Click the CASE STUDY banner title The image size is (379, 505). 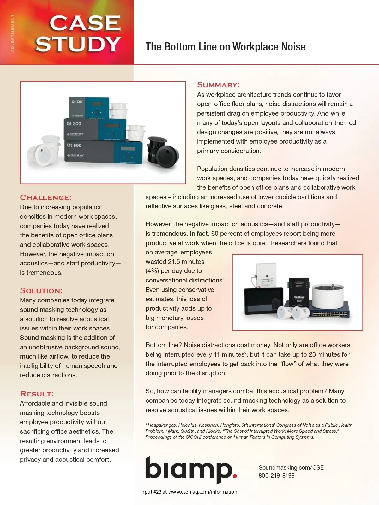pyautogui.click(x=78, y=33)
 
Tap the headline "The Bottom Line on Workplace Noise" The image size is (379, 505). pyautogui.click(x=225, y=47)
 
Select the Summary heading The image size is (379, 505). pyautogui.click(x=218, y=85)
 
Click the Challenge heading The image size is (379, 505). pyautogui.click(x=46, y=198)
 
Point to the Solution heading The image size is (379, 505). pyautogui.click(x=41, y=291)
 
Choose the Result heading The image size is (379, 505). pyautogui.click(x=37, y=394)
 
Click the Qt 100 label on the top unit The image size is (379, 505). pyautogui.click(x=76, y=102)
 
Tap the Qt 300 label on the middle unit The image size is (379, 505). pyautogui.click(x=74, y=124)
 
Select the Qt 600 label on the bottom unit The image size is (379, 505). pyautogui.click(x=74, y=145)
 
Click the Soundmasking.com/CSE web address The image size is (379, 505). pyautogui.click(x=291, y=467)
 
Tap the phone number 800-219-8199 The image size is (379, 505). pyautogui.click(x=276, y=476)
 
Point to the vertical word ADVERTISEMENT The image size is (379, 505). pyautogui.click(x=13, y=33)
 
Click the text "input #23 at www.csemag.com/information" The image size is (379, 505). pyautogui.click(x=189, y=492)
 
